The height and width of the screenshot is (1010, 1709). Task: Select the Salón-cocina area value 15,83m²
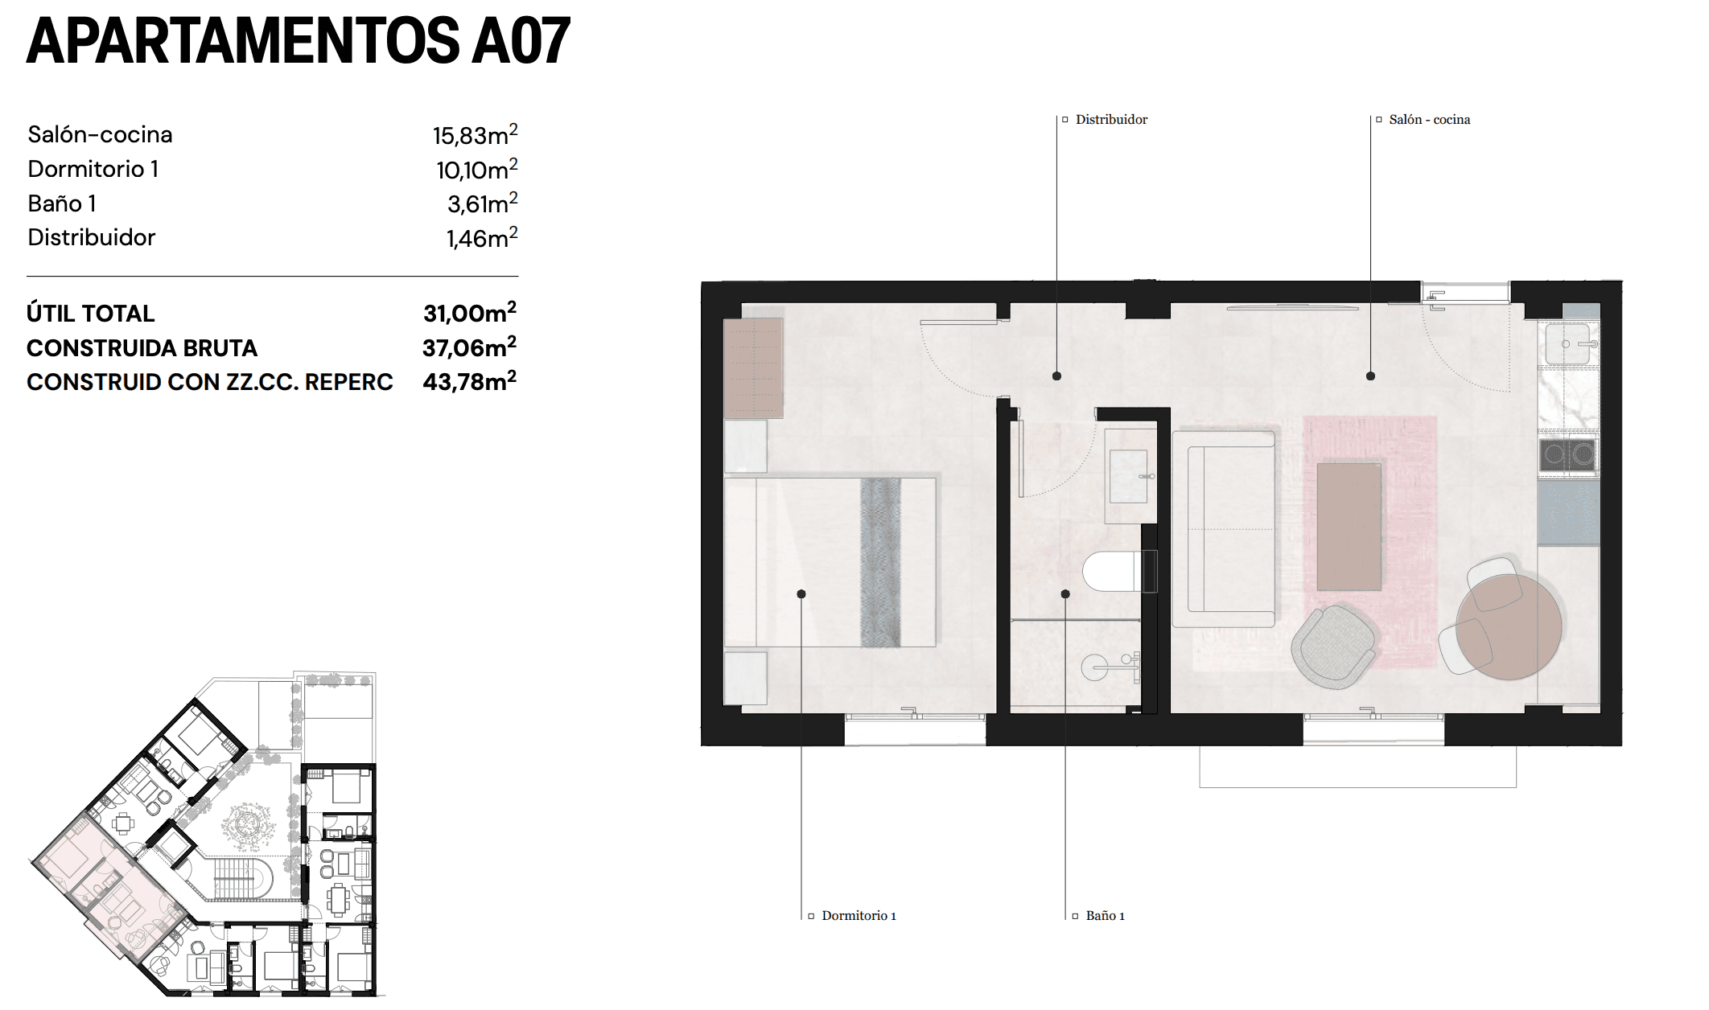(474, 135)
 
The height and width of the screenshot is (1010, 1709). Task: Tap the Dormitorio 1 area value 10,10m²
(476, 170)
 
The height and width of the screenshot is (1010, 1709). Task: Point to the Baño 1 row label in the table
(62, 203)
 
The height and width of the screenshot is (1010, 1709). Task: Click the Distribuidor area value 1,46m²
(481, 238)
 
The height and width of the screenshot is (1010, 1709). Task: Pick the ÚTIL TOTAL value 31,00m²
(469, 313)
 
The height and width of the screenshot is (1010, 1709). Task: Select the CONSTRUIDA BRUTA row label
(142, 347)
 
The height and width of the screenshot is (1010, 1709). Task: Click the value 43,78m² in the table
(469, 381)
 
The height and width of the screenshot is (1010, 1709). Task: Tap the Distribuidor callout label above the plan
(1110, 120)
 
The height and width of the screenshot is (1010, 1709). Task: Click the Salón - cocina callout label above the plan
(1428, 120)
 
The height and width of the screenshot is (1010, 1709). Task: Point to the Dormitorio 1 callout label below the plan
(858, 916)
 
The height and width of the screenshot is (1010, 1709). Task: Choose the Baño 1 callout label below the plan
(1104, 916)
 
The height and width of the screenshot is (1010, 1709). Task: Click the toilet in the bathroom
(1114, 571)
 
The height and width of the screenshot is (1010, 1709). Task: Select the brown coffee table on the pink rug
(1349, 527)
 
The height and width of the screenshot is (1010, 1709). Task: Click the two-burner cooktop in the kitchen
(1567, 455)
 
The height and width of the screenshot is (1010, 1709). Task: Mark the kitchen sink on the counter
(1567, 344)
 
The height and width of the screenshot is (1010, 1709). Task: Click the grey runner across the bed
(880, 562)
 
